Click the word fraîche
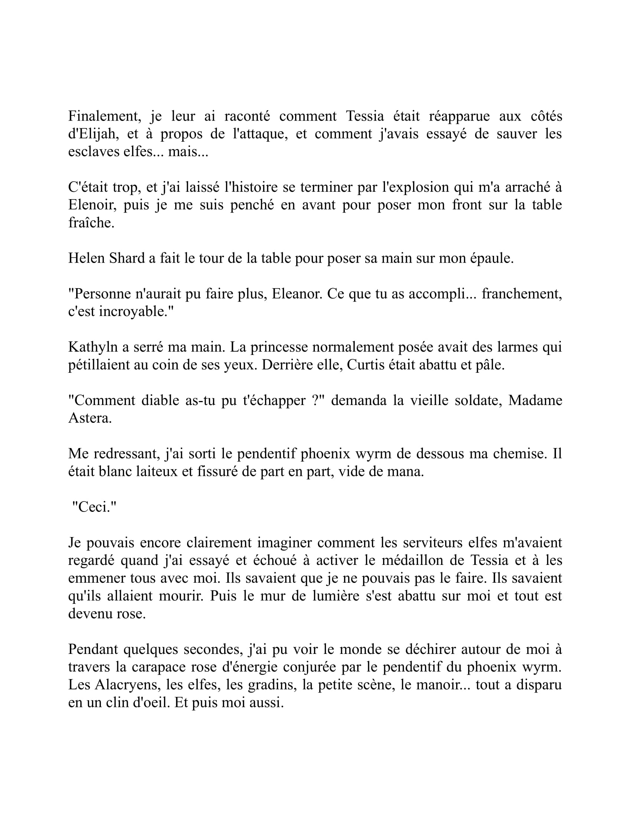click(91, 223)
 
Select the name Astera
click(90, 418)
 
